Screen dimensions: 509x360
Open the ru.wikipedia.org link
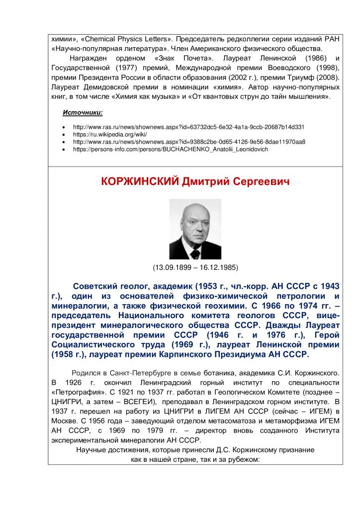click(111, 135)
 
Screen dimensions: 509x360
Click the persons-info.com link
click(171, 149)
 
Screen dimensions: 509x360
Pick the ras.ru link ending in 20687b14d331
click(188, 127)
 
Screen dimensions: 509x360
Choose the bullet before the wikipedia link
click(64, 135)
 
